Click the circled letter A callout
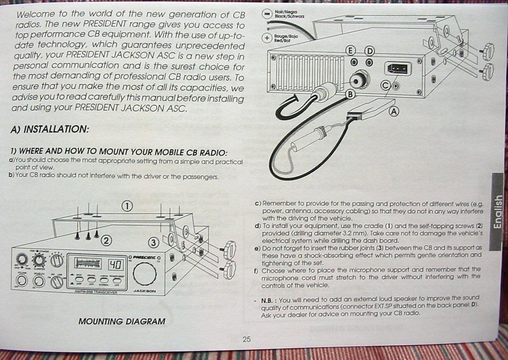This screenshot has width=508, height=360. [394, 111]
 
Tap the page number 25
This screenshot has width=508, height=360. [247, 339]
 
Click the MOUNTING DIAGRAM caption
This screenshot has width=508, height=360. [122, 321]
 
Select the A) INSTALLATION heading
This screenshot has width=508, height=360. [50, 129]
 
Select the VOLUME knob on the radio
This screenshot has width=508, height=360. [22, 281]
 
